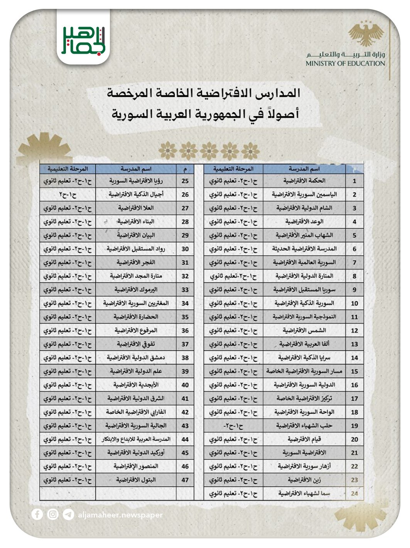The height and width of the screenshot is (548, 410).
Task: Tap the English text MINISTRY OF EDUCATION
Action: [x=345, y=64]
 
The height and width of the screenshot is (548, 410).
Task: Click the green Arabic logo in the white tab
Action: [x=83, y=41]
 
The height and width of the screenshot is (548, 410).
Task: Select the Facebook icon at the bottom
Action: [x=37, y=514]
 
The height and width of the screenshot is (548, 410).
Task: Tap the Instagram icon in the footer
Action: [x=53, y=514]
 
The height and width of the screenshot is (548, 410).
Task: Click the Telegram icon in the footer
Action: [x=68, y=515]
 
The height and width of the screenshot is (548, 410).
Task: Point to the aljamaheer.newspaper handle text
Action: [x=120, y=515]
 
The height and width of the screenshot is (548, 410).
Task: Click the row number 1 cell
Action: [x=354, y=181]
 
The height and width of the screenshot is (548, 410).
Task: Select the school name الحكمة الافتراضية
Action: [x=304, y=181]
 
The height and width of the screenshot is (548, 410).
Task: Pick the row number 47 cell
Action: [x=185, y=480]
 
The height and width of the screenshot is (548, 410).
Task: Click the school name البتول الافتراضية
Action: [x=136, y=480]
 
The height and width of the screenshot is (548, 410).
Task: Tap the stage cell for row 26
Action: [x=67, y=195]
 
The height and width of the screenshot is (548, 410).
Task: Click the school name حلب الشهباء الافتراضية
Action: [x=304, y=426]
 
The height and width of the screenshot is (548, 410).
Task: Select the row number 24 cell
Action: [x=354, y=494]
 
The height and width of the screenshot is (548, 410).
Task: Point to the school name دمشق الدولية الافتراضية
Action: [x=136, y=358]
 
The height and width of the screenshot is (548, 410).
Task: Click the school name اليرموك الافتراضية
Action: [x=136, y=290]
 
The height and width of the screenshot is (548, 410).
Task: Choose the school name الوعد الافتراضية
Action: [x=304, y=222]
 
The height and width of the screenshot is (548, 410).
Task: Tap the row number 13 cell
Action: [x=354, y=344]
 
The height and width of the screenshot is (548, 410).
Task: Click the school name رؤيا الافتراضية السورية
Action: [x=136, y=181]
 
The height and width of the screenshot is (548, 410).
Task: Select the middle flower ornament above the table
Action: [x=209, y=150]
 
